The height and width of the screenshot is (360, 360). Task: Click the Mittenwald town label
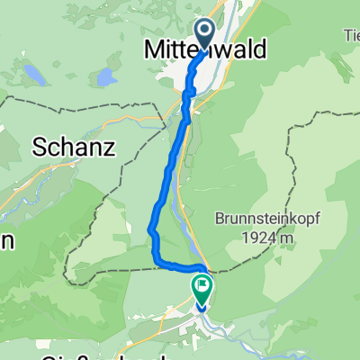click(x=206, y=51)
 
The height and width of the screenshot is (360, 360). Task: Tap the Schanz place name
click(x=75, y=148)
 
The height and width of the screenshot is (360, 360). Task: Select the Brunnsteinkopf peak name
click(x=265, y=219)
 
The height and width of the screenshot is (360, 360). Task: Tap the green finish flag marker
click(x=201, y=290)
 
